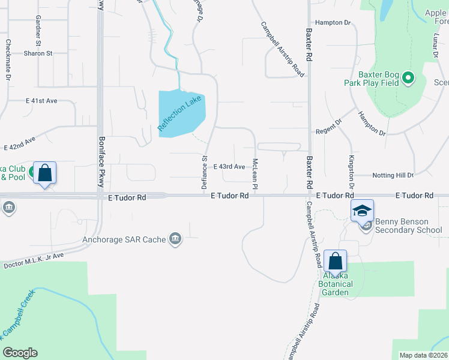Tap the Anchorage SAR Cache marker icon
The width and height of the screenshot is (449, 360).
click(x=175, y=239)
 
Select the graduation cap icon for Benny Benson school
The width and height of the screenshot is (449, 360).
click(x=363, y=210)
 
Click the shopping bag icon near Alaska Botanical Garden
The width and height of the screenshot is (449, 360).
click(x=336, y=260)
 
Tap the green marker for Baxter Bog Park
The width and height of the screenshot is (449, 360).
click(x=409, y=78)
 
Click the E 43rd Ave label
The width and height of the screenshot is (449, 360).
click(x=229, y=166)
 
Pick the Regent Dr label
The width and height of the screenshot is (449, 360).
click(x=328, y=131)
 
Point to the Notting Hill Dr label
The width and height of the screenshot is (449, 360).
click(x=393, y=175)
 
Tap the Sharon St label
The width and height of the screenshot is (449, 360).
click(x=38, y=53)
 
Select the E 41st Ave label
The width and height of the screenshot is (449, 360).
click(x=41, y=101)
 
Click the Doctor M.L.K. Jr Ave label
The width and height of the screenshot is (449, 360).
click(x=34, y=260)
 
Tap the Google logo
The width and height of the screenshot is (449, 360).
click(x=20, y=353)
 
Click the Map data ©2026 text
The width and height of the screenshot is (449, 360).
click(x=423, y=355)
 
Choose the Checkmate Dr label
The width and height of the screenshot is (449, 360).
click(x=8, y=60)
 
